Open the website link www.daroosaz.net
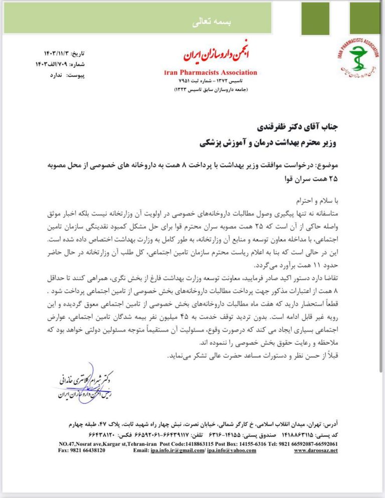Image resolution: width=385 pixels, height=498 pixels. [316, 450]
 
